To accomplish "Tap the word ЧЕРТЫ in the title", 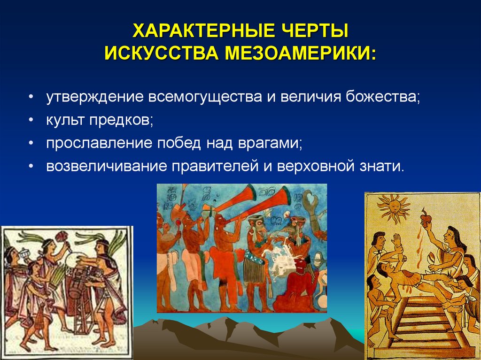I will coord(310,32).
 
